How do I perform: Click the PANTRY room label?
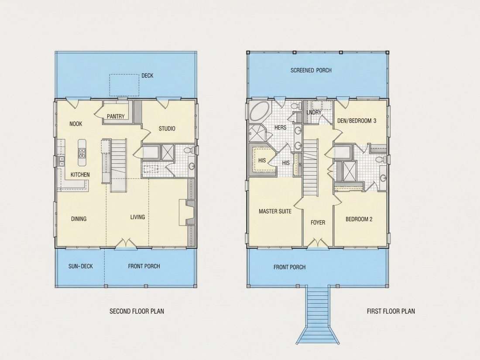pos(116,117)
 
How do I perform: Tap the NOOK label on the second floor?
pos(75,123)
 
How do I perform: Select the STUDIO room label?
pos(167,129)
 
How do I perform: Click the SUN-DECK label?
pos(81,266)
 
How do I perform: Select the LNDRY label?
pos(314,112)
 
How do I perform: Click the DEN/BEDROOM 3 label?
pos(357,120)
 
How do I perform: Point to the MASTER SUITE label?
pos(275,211)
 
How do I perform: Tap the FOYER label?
pos(318,223)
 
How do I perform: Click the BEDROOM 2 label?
pos(359,219)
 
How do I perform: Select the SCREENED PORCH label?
pos(311,70)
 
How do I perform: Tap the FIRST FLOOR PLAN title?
pos(391,311)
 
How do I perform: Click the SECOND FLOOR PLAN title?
pos(137,311)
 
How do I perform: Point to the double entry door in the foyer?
pos(318,243)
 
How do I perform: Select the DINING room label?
pos(79,219)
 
